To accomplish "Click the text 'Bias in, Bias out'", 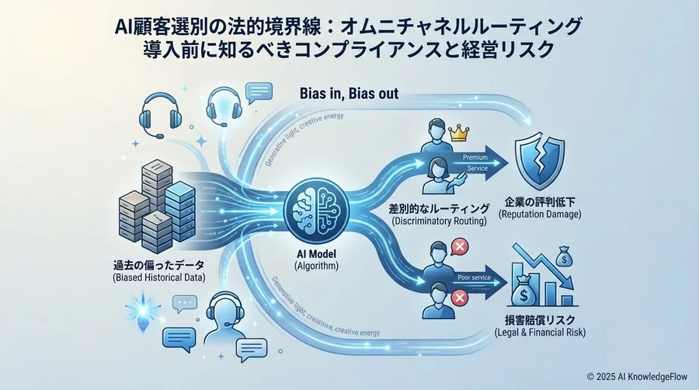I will pos(349,94).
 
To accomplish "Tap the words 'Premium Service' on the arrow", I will pos(475,162).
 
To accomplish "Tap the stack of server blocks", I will pos(148,203).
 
